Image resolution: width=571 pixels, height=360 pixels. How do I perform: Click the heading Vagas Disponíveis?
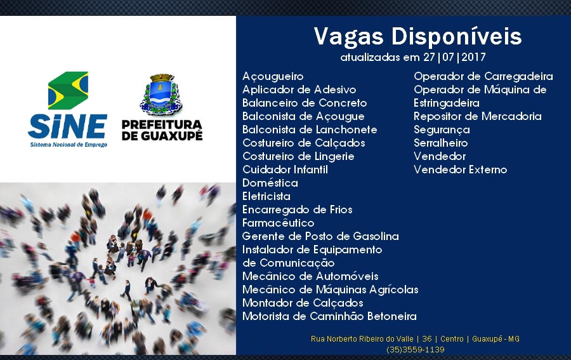pos(417,36)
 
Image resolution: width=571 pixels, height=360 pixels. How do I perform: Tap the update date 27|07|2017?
pos(454,57)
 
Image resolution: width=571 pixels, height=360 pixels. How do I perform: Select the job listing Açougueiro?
pos(273,77)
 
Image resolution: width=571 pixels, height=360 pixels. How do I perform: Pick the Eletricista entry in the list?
pos(266,196)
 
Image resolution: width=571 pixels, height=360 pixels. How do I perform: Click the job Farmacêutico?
pos(279,223)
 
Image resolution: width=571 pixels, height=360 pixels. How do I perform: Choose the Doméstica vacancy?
pos(270,183)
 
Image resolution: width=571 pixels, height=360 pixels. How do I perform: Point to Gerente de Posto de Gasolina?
pos(320,236)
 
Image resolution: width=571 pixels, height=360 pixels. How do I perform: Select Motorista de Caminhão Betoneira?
pos(329,316)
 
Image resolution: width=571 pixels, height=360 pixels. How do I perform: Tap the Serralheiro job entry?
pos(441,143)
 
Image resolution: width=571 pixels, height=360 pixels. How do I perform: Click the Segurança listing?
pos(442,130)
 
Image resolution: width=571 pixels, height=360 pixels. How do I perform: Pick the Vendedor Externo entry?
pos(461,170)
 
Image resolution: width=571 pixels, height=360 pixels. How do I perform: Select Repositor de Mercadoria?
pos(477,117)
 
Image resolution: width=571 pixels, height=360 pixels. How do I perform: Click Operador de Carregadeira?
pos(483,77)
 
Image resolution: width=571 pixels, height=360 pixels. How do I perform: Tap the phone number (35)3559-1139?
pos(416,350)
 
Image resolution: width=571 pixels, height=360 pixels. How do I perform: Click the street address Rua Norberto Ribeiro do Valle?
pos(362,339)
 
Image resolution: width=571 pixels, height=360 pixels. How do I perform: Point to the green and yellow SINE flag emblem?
pos(68,90)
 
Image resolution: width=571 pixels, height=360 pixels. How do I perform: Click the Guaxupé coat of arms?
pos(161,95)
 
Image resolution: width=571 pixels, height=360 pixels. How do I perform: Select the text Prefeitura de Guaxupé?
pos(162,130)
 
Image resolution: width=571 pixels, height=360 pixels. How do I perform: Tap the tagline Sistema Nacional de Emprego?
pos(69,145)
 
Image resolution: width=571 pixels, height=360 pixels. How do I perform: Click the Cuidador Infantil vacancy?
pos(285,170)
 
